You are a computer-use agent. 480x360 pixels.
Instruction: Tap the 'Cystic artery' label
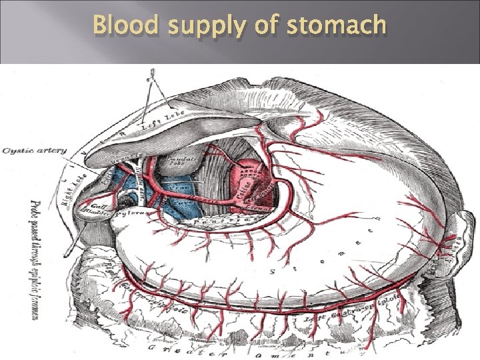point(35,151)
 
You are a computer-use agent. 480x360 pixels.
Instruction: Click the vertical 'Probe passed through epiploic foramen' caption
point(37,261)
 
